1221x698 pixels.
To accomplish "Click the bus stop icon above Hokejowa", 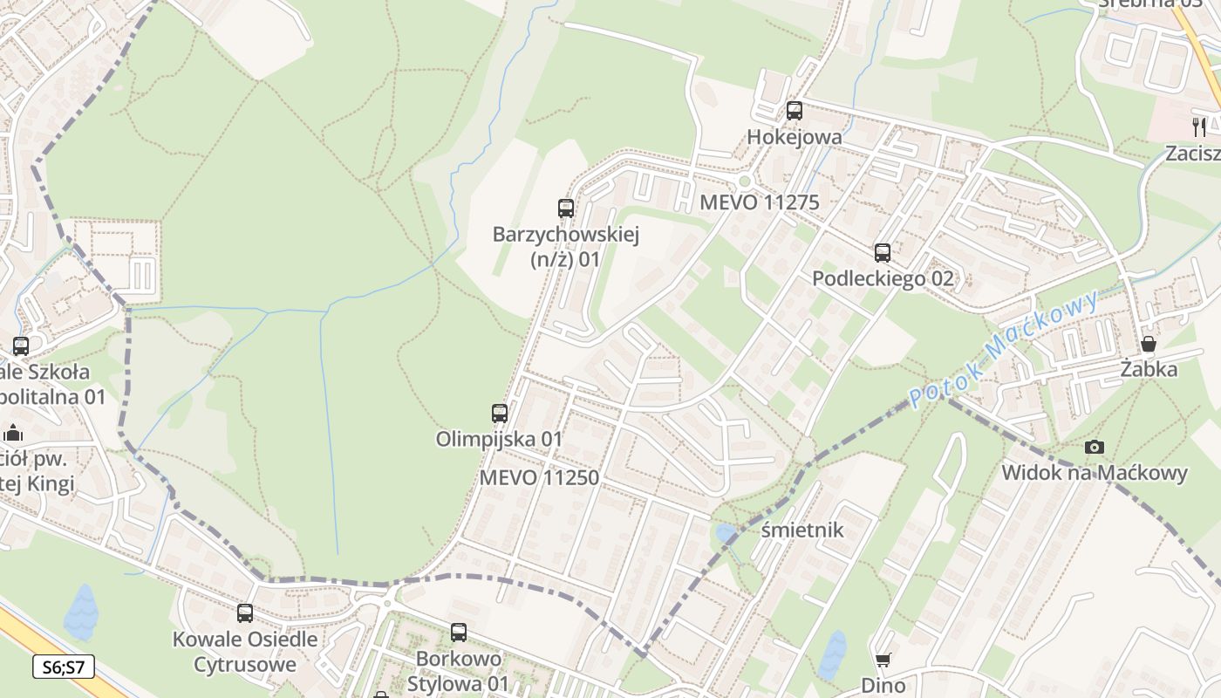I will click(x=794, y=111).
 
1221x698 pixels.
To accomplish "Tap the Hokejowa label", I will click(x=795, y=137).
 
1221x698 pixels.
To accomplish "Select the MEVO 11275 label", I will click(x=760, y=202).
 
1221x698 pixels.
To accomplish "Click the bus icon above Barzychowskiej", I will click(x=566, y=209).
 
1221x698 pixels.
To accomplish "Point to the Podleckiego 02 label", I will click(x=883, y=279).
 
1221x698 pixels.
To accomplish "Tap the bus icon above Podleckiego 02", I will click(x=883, y=253).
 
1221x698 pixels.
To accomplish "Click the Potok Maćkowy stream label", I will click(x=1004, y=350).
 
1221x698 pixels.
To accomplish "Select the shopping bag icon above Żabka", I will click(x=1149, y=344).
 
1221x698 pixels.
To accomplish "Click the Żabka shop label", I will click(x=1149, y=369).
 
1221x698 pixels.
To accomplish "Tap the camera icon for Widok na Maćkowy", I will click(x=1094, y=448).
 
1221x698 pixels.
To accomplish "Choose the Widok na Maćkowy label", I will click(x=1094, y=473).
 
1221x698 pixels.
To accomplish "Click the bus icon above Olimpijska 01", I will click(x=500, y=414).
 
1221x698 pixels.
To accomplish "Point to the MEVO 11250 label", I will click(x=539, y=477).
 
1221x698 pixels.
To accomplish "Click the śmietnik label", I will click(x=802, y=530).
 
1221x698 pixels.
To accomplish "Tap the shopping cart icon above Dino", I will click(x=883, y=660).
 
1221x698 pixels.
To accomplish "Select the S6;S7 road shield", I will click(x=64, y=667).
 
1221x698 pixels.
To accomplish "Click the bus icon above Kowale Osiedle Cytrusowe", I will click(x=245, y=613).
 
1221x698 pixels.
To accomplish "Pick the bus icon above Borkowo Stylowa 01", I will click(x=459, y=633).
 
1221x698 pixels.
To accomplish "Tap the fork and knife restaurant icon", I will click(x=1200, y=127).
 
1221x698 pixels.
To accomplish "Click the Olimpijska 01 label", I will click(x=499, y=439).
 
